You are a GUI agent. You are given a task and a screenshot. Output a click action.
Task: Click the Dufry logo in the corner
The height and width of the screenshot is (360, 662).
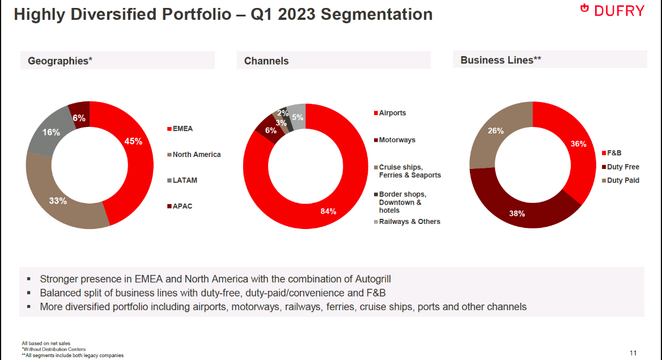coord(612,10)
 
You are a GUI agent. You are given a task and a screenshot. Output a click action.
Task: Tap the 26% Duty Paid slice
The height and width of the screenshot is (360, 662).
coord(496,132)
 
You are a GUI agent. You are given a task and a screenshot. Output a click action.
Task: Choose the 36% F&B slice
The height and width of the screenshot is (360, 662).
coord(578,145)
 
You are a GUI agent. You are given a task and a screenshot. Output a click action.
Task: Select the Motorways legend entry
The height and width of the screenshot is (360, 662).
coord(397,140)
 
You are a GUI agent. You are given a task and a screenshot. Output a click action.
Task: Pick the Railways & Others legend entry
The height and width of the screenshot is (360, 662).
coord(409,222)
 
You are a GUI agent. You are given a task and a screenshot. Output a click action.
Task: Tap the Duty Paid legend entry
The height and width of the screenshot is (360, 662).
coord(623,180)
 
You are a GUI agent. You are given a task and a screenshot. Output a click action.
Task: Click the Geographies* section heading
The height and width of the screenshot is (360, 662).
coord(60,61)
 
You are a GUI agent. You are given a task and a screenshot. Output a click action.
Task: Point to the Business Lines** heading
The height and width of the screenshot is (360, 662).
coord(500,60)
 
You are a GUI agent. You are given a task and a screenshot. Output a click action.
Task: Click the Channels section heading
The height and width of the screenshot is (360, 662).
coord(266,61)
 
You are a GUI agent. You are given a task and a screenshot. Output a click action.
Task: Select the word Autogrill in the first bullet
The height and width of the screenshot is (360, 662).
coord(368,279)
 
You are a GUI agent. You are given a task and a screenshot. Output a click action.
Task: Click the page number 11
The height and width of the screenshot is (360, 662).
coord(633,353)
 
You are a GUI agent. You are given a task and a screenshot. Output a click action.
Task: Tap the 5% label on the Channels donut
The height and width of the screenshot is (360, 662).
coord(298,117)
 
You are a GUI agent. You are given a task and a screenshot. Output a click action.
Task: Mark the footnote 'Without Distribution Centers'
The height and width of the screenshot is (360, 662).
coord(54,349)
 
